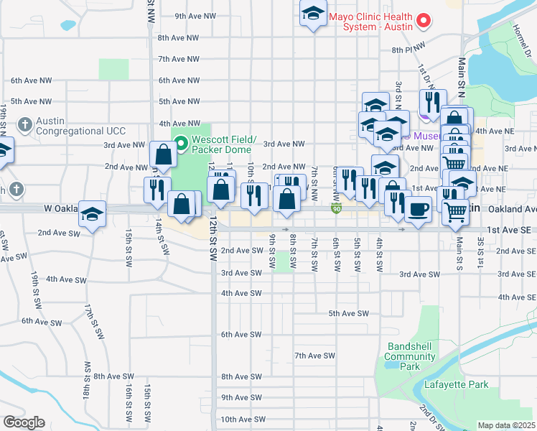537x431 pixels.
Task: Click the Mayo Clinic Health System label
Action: point(370,21)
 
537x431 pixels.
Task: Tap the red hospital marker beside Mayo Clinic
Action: point(424,20)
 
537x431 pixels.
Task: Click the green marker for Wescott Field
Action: point(181,144)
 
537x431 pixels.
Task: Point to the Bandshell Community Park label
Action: point(413,356)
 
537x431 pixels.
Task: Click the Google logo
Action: point(23,422)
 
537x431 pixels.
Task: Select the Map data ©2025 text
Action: point(506,425)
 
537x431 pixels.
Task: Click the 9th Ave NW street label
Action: point(195,16)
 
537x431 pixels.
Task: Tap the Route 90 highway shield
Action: point(336,208)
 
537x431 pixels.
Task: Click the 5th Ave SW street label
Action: point(348,313)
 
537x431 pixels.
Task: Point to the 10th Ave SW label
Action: point(243,419)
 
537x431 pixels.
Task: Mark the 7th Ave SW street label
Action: point(314,356)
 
